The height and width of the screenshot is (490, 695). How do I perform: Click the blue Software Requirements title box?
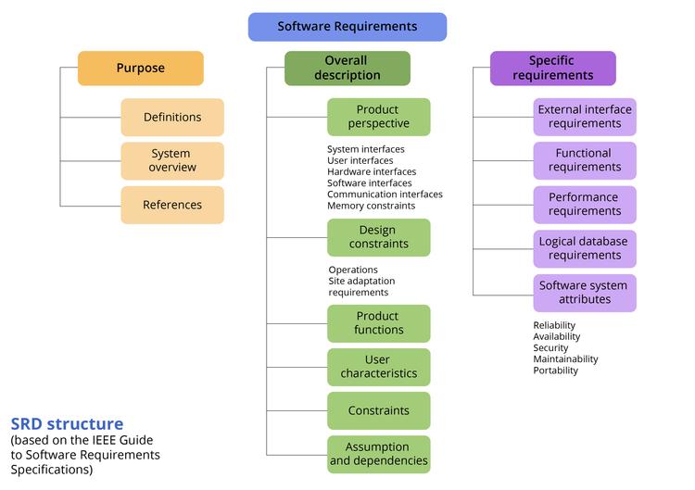click(347, 27)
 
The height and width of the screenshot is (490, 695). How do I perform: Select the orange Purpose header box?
click(140, 69)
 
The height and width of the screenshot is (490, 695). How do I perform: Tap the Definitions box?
click(172, 118)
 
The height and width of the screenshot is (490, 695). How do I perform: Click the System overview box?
click(172, 160)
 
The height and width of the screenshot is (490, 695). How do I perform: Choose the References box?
click(172, 205)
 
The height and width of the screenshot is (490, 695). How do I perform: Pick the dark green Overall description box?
click(347, 69)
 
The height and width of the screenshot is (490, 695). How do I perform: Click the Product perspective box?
click(378, 117)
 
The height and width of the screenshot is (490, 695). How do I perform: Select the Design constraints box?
click(378, 237)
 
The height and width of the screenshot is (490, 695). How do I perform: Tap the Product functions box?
click(378, 323)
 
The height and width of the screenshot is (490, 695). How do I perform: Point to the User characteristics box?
click(378, 367)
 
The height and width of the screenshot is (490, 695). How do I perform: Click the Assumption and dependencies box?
click(378, 454)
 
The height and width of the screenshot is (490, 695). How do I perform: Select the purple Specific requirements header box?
click(552, 69)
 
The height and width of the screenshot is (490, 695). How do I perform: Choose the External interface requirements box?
click(585, 117)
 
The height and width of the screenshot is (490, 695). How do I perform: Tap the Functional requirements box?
click(585, 160)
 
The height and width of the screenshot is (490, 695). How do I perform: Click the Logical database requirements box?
click(585, 248)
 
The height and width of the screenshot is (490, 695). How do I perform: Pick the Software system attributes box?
click(585, 293)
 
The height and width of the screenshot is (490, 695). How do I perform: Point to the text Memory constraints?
click(371, 206)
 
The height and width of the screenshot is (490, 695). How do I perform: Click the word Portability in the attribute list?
click(555, 371)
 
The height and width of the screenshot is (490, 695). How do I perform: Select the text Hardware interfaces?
click(372, 171)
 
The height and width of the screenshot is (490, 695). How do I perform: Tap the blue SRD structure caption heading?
click(67, 424)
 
